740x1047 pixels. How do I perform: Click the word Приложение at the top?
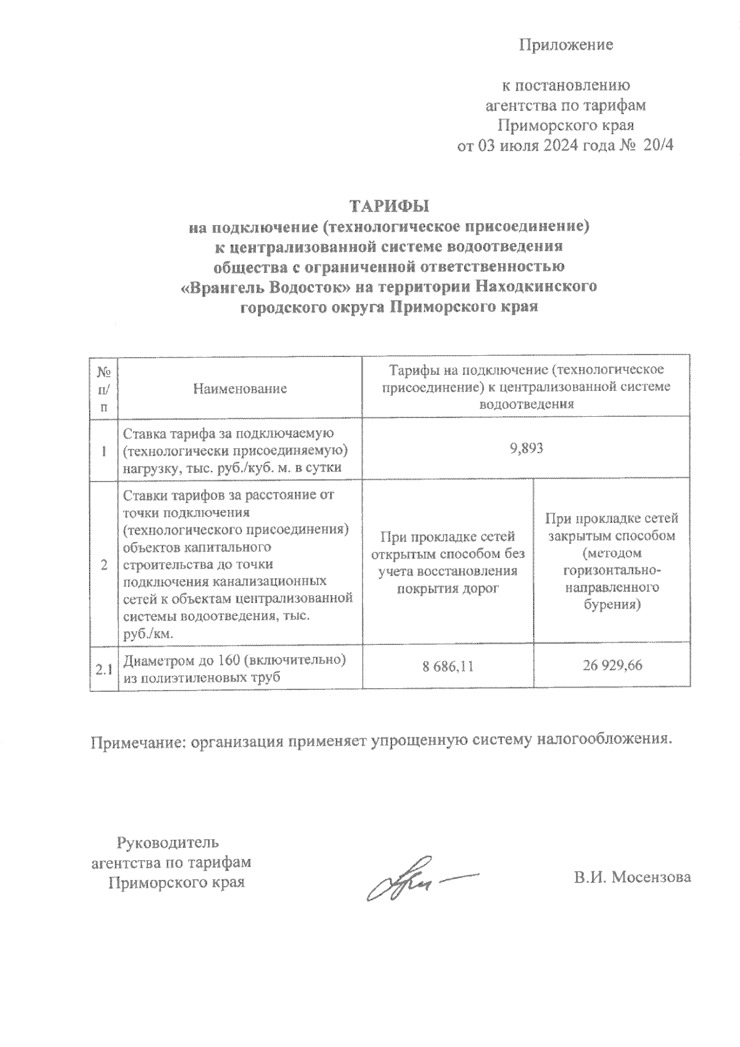(566, 44)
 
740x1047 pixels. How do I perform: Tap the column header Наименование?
(240, 388)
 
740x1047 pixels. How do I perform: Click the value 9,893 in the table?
(526, 449)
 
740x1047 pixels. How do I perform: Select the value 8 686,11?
(448, 666)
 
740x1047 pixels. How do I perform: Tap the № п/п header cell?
(104, 388)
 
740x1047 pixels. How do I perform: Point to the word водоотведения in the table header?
(526, 404)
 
